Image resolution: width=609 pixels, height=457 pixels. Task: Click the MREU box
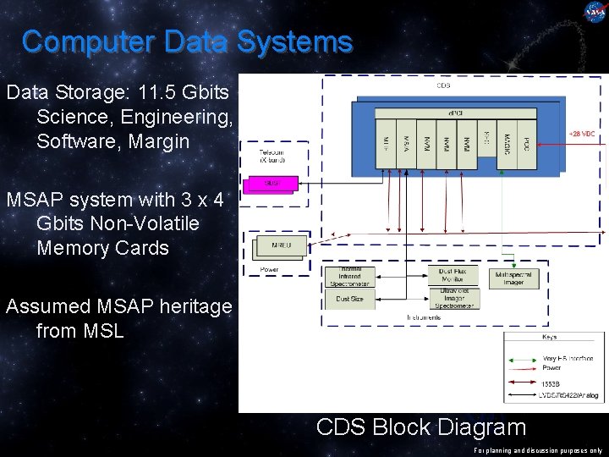tap(276, 245)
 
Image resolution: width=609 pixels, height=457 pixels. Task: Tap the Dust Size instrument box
tap(349, 298)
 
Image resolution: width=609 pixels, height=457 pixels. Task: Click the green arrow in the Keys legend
tap(524, 360)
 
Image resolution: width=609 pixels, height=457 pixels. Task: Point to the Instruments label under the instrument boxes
tap(424, 317)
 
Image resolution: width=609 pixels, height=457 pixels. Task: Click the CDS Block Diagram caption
tap(420, 427)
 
